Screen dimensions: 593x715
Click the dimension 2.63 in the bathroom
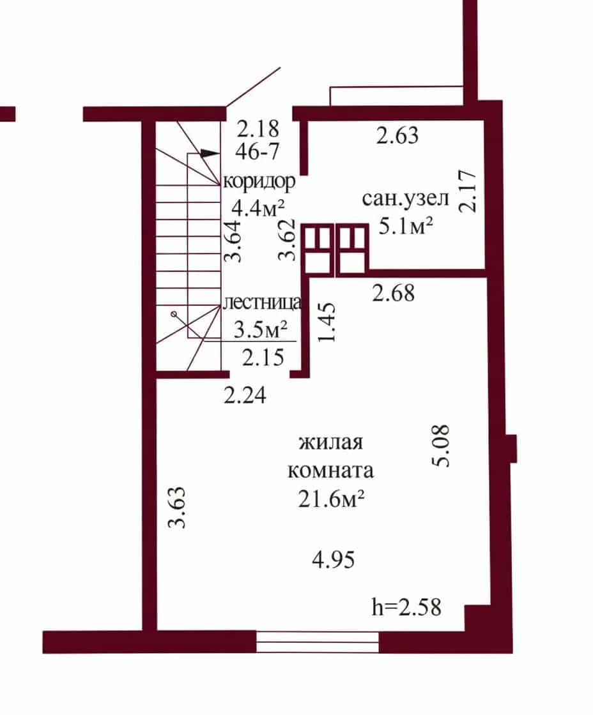397,135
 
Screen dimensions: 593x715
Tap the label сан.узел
406,199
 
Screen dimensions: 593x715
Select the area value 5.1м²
406,226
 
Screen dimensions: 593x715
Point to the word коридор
259,182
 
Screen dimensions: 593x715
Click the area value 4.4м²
258,208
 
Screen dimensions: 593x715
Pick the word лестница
263,302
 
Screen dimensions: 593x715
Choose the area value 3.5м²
261,329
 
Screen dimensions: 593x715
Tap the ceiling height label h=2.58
406,607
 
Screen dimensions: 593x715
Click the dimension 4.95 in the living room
334,559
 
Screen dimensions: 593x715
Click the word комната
330,470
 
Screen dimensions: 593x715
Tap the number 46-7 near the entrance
257,151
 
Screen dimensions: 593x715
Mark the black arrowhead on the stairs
209,153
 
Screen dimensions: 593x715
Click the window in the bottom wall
318,642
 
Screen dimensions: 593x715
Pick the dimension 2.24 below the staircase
245,395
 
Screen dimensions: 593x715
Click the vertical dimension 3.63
177,507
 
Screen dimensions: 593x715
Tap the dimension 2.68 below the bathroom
394,293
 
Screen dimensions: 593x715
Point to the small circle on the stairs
174,314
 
